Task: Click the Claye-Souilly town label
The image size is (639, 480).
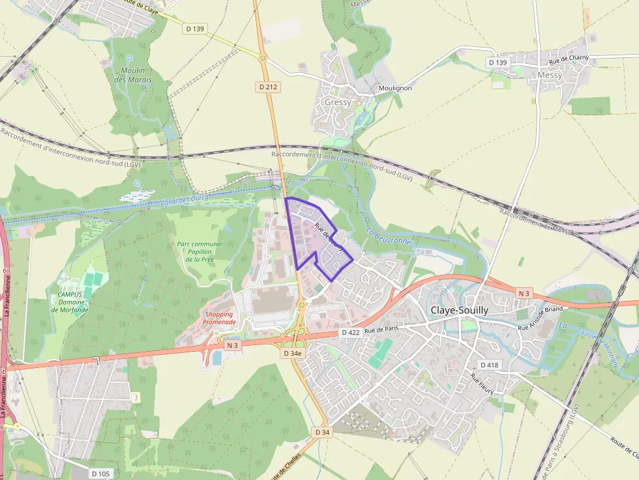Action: pyautogui.click(x=459, y=311)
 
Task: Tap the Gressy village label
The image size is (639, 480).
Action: pyautogui.click(x=338, y=102)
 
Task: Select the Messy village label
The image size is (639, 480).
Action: pyautogui.click(x=550, y=76)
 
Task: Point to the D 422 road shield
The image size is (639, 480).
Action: pyautogui.click(x=350, y=333)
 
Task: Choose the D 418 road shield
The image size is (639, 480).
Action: pyautogui.click(x=488, y=365)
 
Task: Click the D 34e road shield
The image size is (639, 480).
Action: pyautogui.click(x=293, y=353)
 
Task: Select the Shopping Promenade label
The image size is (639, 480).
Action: pyautogui.click(x=218, y=318)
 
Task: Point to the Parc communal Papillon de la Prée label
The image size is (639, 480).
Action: pyautogui.click(x=200, y=251)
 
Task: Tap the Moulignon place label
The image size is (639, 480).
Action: pyautogui.click(x=395, y=88)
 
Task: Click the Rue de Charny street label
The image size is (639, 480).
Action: pyautogui.click(x=569, y=59)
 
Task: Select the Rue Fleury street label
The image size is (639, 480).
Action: pyautogui.click(x=483, y=384)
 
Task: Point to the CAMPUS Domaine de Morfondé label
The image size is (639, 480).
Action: pyautogui.click(x=70, y=302)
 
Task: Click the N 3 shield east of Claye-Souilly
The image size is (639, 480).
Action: pyautogui.click(x=524, y=294)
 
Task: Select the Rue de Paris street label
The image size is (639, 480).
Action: pyautogui.click(x=381, y=330)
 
